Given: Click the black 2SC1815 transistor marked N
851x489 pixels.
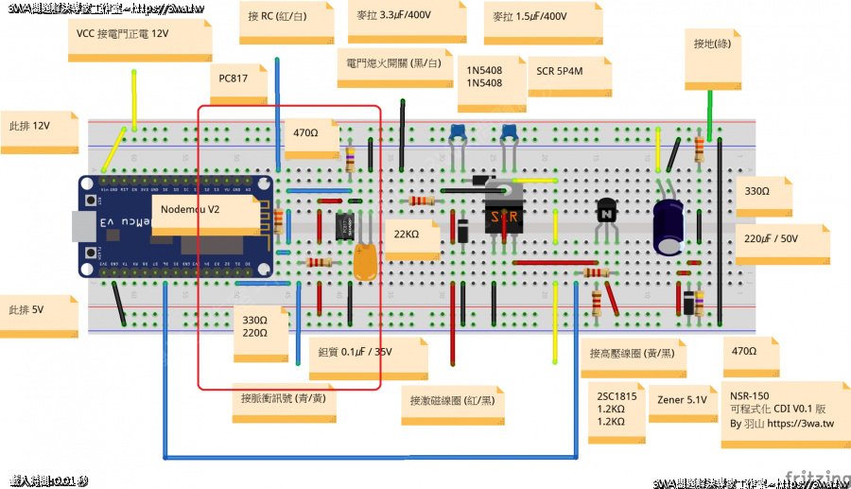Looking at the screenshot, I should click(606, 212).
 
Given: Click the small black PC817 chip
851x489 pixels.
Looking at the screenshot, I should click(342, 224).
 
